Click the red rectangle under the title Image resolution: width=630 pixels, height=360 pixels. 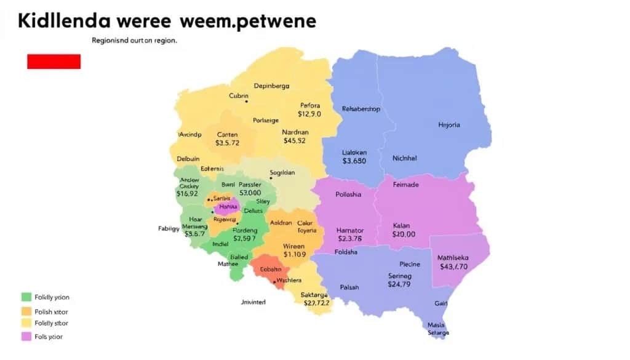click(54, 61)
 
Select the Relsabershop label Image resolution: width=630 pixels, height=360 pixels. click(361, 109)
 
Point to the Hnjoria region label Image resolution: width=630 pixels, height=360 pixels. click(449, 125)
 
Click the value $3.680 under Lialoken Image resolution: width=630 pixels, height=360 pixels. click(354, 161)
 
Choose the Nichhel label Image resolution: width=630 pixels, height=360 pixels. click(404, 158)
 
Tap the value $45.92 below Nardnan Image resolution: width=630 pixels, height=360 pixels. click(295, 140)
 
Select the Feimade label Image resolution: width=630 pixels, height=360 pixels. click(405, 185)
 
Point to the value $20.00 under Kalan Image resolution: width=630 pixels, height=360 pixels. click(404, 234)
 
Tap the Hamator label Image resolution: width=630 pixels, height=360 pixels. click(351, 231)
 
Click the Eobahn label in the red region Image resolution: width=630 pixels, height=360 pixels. click(271, 269)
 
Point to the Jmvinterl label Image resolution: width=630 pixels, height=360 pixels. click(253, 302)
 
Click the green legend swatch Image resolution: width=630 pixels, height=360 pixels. click(26, 297)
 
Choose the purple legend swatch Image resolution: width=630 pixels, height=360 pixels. click(26, 337)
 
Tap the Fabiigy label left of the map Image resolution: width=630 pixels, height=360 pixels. click(168, 228)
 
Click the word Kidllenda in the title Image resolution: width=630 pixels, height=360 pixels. click(65, 21)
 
